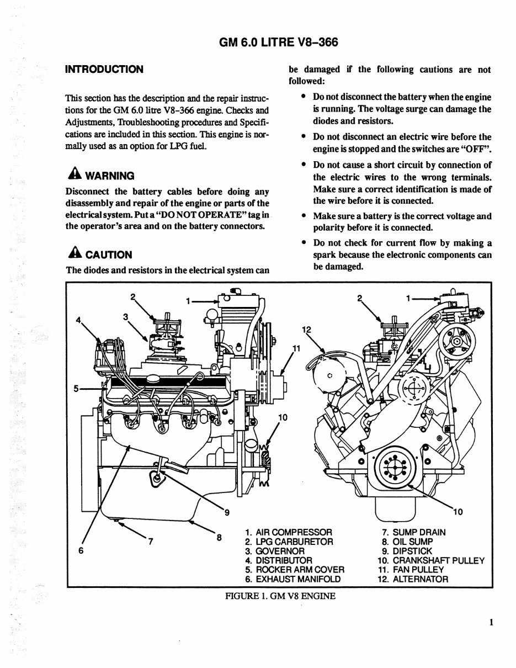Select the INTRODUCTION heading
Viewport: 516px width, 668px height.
[104, 70]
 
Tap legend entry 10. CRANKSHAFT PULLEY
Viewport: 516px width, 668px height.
[427, 560]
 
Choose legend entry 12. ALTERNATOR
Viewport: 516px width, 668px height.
[409, 579]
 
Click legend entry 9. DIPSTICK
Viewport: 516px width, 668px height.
[407, 551]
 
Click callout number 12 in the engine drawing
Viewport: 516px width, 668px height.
[307, 330]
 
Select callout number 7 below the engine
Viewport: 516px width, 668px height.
[150, 540]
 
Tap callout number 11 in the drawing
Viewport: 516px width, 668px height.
[296, 347]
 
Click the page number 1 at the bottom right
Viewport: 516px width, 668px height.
[490, 623]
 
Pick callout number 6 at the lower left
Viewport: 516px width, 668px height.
[81, 550]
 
